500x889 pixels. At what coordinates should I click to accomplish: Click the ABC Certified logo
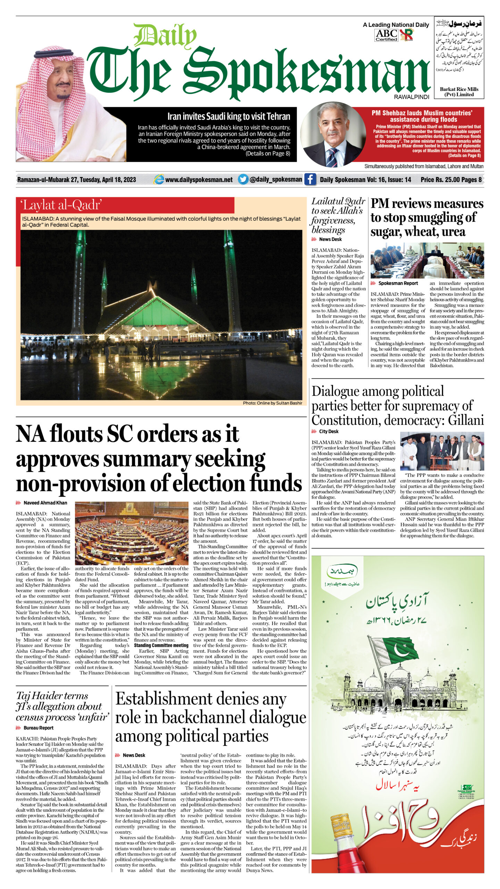(386, 35)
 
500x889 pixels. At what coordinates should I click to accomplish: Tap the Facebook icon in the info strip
(310, 179)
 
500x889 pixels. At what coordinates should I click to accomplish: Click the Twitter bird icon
(243, 179)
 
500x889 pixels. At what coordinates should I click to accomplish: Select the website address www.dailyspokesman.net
(199, 180)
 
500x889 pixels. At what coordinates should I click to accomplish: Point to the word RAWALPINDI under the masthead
(411, 97)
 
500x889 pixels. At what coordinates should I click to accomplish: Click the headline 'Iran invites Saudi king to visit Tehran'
(228, 116)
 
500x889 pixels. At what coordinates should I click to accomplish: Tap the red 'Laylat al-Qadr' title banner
(125, 205)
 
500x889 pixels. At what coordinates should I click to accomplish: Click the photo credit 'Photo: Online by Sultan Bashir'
(272, 403)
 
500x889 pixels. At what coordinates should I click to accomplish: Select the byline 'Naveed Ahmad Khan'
(45, 502)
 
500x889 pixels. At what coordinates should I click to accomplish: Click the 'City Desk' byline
(328, 431)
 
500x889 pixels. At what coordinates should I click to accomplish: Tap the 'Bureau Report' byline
(38, 728)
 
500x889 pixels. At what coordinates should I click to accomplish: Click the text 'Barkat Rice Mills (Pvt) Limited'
(459, 92)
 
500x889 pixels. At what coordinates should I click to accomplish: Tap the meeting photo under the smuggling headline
(427, 260)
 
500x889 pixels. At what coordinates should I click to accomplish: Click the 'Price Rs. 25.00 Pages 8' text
(451, 180)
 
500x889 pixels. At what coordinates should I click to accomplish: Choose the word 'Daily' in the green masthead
(165, 35)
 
